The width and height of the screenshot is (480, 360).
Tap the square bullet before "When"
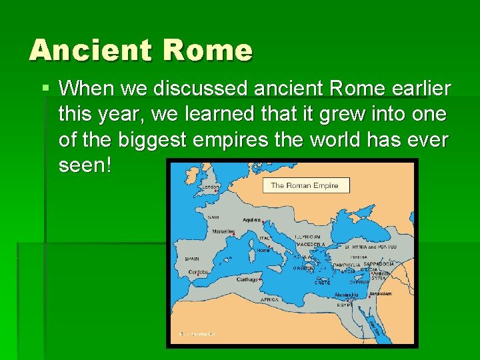[45, 88]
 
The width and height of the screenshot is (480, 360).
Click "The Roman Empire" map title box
[304, 185]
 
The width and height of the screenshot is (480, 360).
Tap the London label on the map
[211, 187]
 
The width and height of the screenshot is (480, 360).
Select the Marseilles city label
[224, 232]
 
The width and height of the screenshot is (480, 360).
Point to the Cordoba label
[198, 272]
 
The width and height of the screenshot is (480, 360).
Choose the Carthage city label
[247, 279]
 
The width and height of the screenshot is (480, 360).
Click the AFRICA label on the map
[269, 300]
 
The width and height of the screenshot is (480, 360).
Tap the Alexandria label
[345, 294]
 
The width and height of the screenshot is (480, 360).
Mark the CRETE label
[322, 283]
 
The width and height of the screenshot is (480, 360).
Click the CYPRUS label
[359, 282]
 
